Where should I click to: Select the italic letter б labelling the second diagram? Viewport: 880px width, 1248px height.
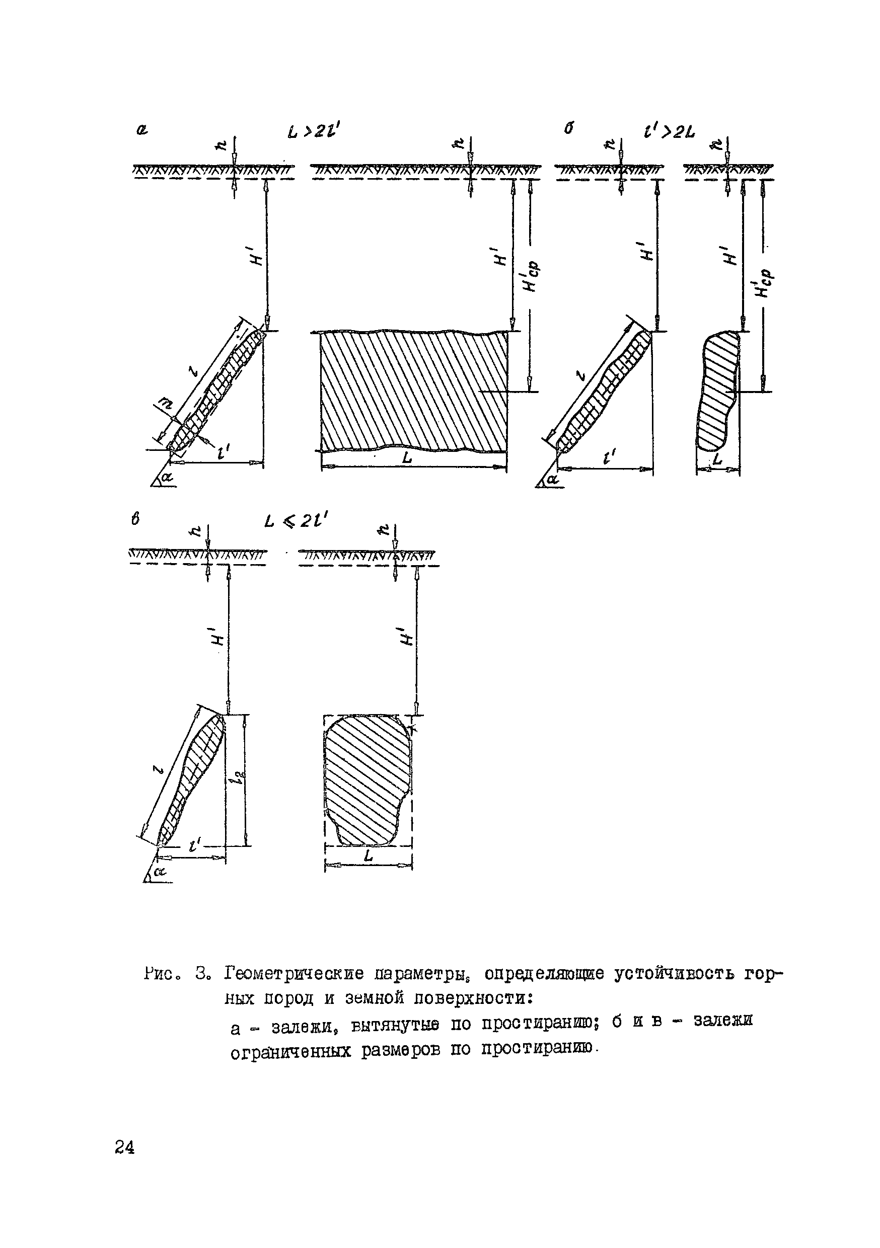click(569, 129)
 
